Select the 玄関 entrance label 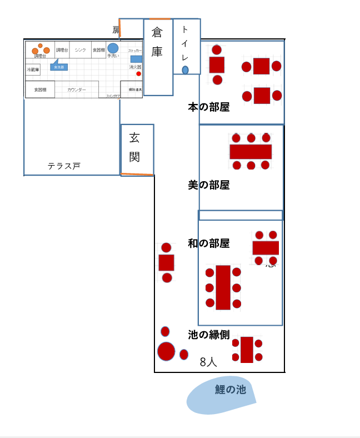point(134,147)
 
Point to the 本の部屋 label point(208,107)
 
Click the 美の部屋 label point(208,185)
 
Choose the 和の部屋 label point(208,243)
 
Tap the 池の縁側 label point(208,335)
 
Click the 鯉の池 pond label point(230,390)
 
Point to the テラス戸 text point(63,166)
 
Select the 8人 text point(208,362)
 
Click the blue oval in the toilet point(185,70)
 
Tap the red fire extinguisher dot point(139,73)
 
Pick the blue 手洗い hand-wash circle point(113,48)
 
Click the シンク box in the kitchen point(81,50)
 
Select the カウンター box point(77,89)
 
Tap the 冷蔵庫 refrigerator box point(33,70)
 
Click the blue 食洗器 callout point(59,67)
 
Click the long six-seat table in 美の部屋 point(251,151)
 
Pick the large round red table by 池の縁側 point(166,351)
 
